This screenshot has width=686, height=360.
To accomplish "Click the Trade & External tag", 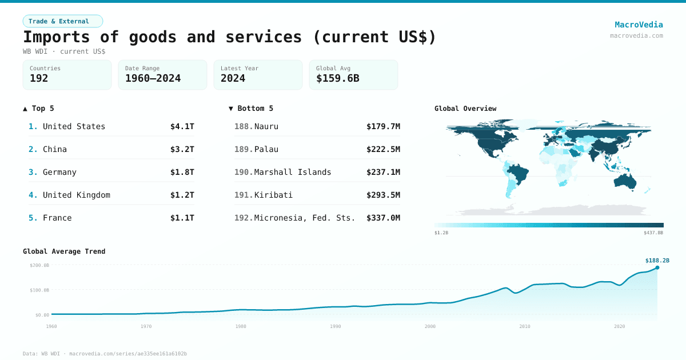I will [62, 21].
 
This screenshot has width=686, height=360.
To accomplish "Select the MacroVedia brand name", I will [639, 25].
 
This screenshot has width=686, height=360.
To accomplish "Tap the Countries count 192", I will [39, 78].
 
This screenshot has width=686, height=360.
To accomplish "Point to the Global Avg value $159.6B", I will [337, 78].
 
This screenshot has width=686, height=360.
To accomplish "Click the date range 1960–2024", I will [153, 78].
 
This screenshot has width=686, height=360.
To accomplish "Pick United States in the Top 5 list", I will [74, 126].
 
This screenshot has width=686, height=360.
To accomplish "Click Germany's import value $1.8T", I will [182, 172].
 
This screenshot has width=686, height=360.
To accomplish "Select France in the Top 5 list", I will [57, 218].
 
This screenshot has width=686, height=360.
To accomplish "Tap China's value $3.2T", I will [182, 149].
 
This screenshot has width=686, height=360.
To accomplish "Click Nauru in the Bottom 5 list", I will [266, 126].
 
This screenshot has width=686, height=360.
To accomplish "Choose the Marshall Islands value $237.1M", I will [383, 172].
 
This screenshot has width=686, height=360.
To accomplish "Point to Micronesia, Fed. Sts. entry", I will [305, 218].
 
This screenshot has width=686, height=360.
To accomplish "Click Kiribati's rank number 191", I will [243, 195].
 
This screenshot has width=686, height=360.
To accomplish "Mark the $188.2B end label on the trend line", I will [657, 261].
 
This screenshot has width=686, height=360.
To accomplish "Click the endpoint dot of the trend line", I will [657, 267].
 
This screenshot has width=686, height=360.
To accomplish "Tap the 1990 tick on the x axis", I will [336, 326].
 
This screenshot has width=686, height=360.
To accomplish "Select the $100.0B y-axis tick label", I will [39, 290].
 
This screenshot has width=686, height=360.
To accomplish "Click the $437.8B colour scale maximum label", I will [653, 233].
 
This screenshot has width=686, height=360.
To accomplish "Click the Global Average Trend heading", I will [64, 251].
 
